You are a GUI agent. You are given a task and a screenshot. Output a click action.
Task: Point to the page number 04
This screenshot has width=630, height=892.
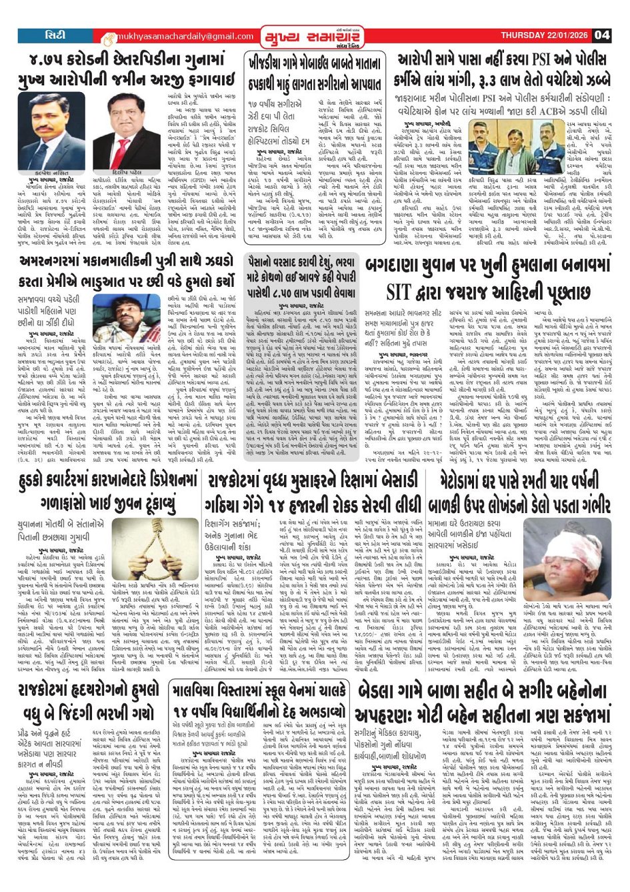602,35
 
